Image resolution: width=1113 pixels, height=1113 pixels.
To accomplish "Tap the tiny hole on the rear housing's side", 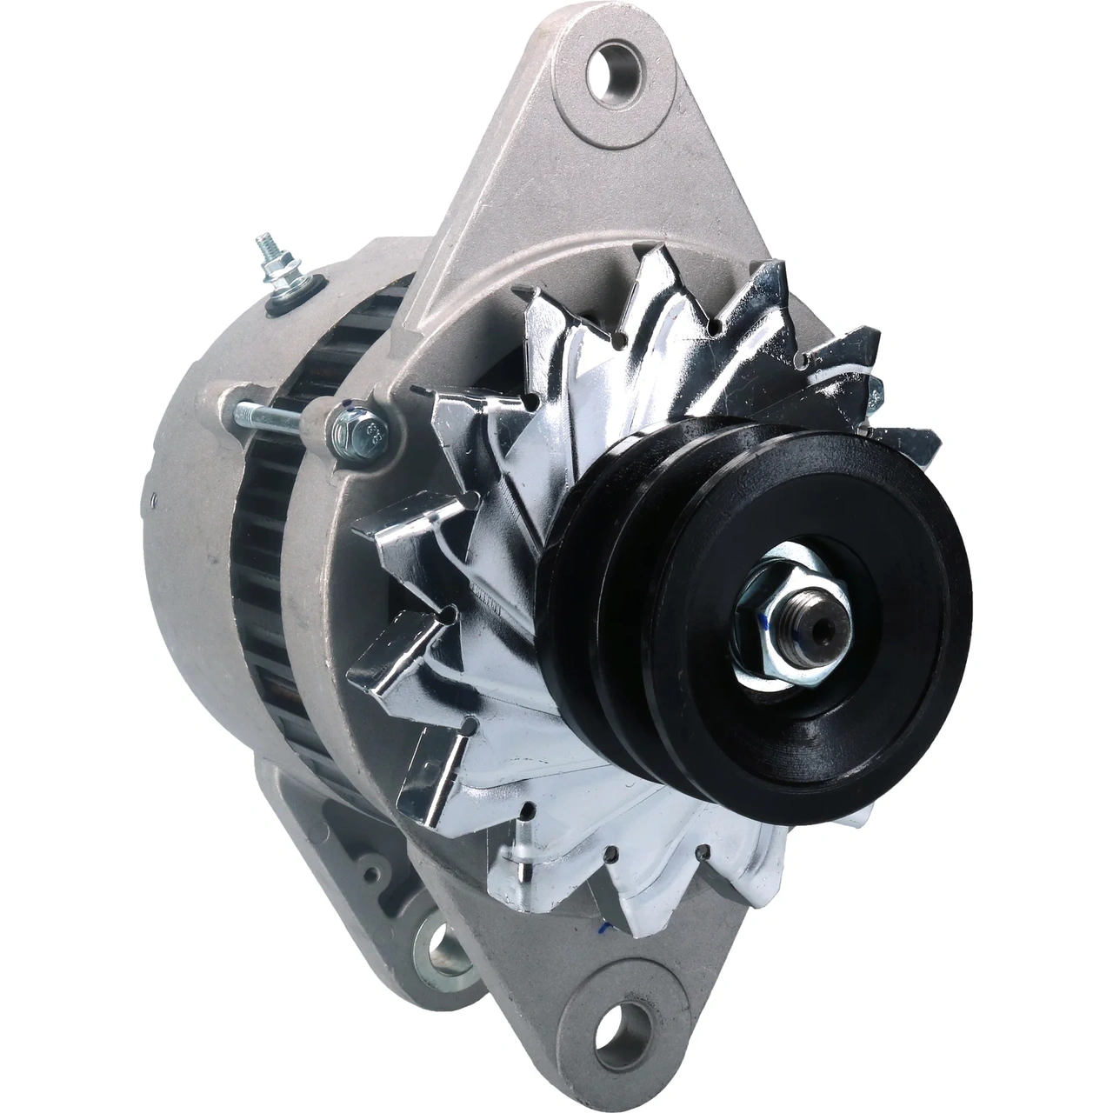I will [149, 501].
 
